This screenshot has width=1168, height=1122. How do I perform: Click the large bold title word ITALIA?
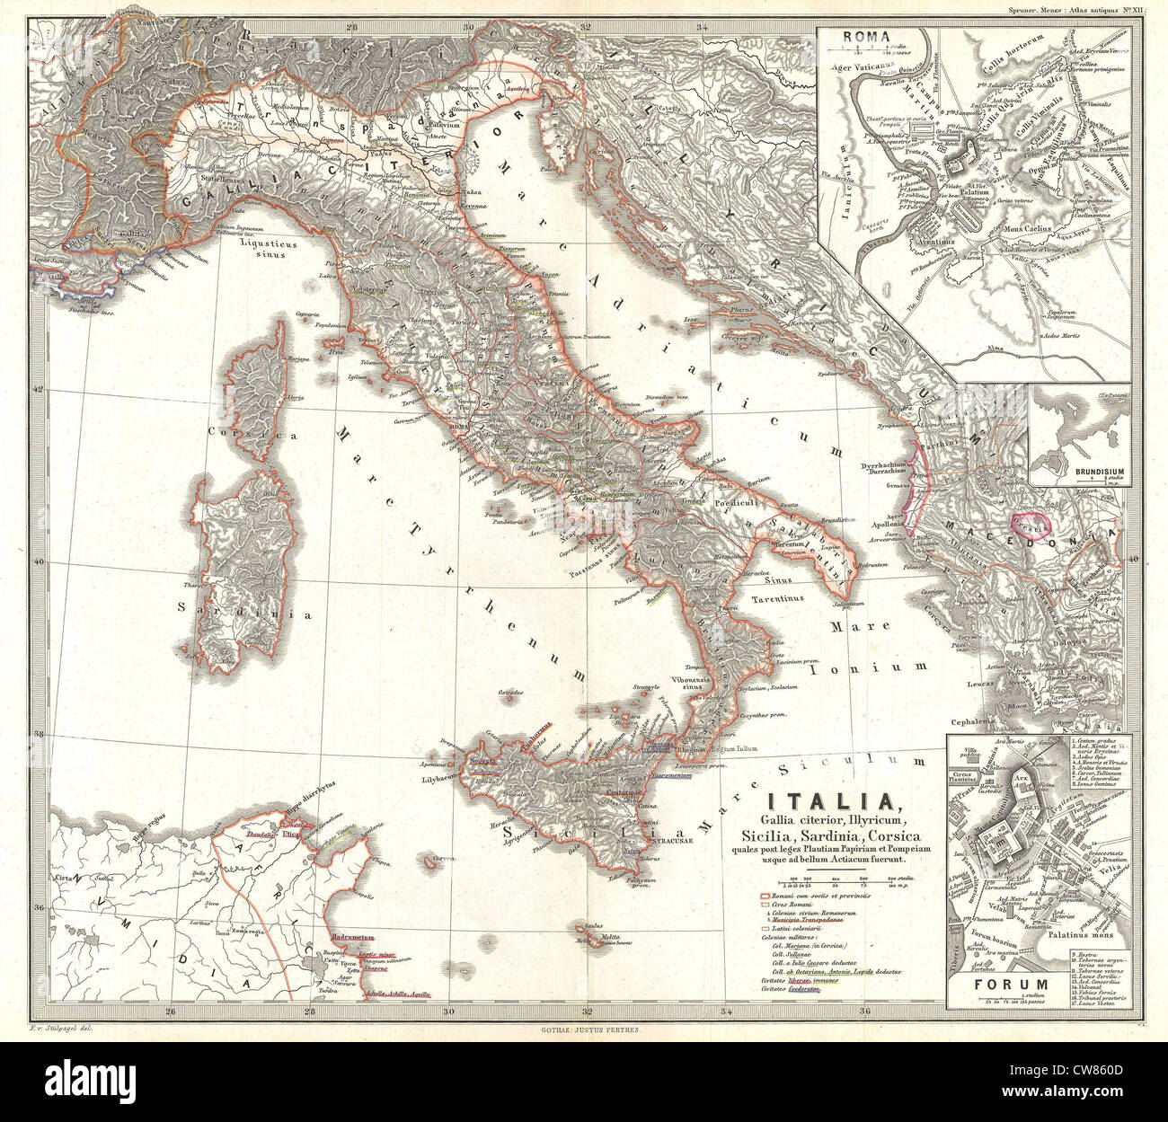click(828, 800)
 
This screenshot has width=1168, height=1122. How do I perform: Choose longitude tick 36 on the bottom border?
click(866, 1014)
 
